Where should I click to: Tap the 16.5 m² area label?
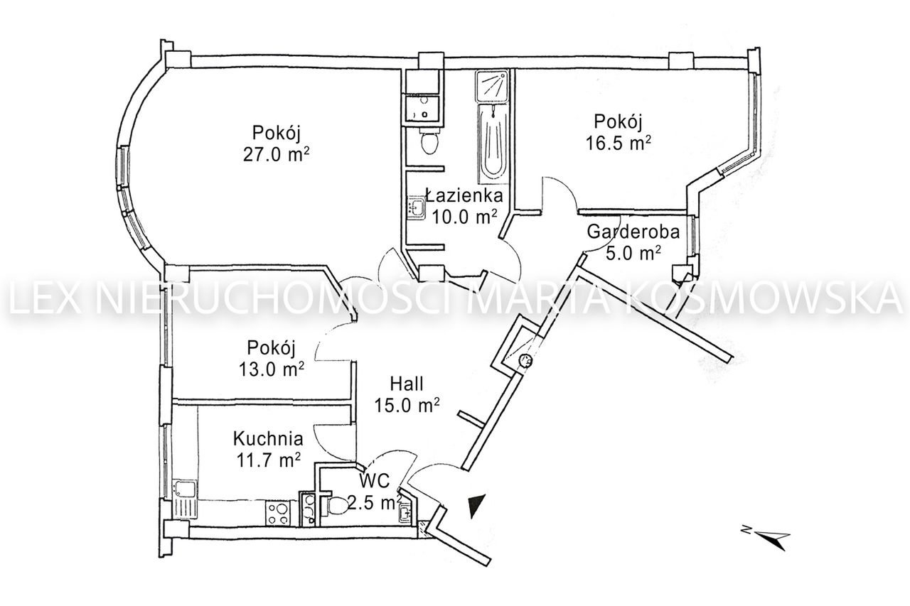pyautogui.click(x=619, y=143)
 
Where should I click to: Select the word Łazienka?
pyautogui.click(x=464, y=195)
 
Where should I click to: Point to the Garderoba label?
pyautogui.click(x=633, y=232)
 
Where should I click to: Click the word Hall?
pyautogui.click(x=407, y=384)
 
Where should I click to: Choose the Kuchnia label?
pyautogui.click(x=268, y=438)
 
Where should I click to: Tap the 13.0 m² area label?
pyautogui.click(x=272, y=369)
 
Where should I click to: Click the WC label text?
pyautogui.click(x=375, y=482)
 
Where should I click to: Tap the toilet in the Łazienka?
pyautogui.click(x=429, y=141)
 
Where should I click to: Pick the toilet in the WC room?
pyautogui.click(x=336, y=506)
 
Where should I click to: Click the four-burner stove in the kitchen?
pyautogui.click(x=278, y=513)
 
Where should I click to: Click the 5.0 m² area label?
pyautogui.click(x=633, y=254)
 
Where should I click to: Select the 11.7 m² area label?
pyautogui.click(x=268, y=461)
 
